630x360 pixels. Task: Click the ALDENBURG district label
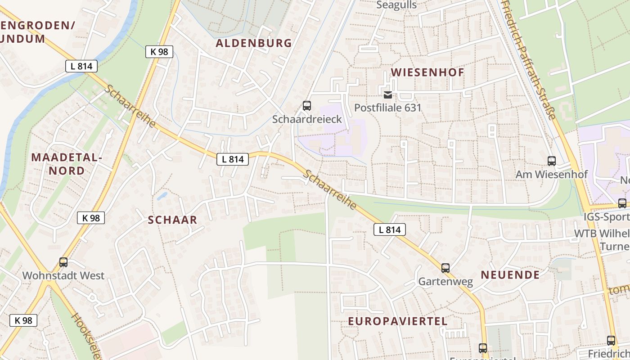[254, 43]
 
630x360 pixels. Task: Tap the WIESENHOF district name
[427, 72]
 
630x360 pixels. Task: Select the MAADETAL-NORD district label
[67, 164]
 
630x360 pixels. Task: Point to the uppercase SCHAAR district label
[173, 220]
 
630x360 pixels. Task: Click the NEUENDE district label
[510, 275]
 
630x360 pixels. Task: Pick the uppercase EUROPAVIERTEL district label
[398, 321]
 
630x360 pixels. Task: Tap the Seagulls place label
[396, 5]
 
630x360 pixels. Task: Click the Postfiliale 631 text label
[387, 108]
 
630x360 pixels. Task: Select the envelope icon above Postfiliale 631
[387, 95]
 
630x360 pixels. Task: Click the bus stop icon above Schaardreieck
[307, 106]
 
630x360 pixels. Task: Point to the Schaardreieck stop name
[307, 119]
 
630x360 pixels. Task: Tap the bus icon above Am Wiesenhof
[552, 161]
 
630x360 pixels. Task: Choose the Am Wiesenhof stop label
[552, 174]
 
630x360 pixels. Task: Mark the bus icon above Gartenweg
[445, 268]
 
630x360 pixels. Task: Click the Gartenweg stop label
[445, 282]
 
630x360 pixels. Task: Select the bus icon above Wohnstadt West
[63, 262]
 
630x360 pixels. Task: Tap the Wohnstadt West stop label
[63, 275]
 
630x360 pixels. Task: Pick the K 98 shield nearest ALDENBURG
[159, 52]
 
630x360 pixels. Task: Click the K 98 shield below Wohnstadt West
[23, 320]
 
